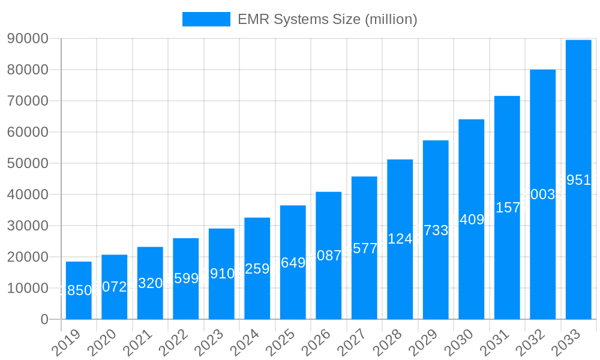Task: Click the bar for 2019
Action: click(79, 290)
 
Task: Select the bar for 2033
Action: click(578, 179)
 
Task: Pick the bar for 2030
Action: click(472, 219)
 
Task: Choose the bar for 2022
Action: click(186, 278)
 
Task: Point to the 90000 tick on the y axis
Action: click(28, 38)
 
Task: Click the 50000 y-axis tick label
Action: click(28, 163)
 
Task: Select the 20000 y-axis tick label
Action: click(28, 257)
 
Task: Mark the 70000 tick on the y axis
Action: click(28, 101)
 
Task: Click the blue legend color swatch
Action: click(206, 19)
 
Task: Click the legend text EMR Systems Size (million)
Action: click(327, 19)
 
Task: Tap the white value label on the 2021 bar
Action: click(150, 283)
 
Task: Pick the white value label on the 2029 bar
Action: click(436, 230)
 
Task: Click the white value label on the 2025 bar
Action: click(293, 262)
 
